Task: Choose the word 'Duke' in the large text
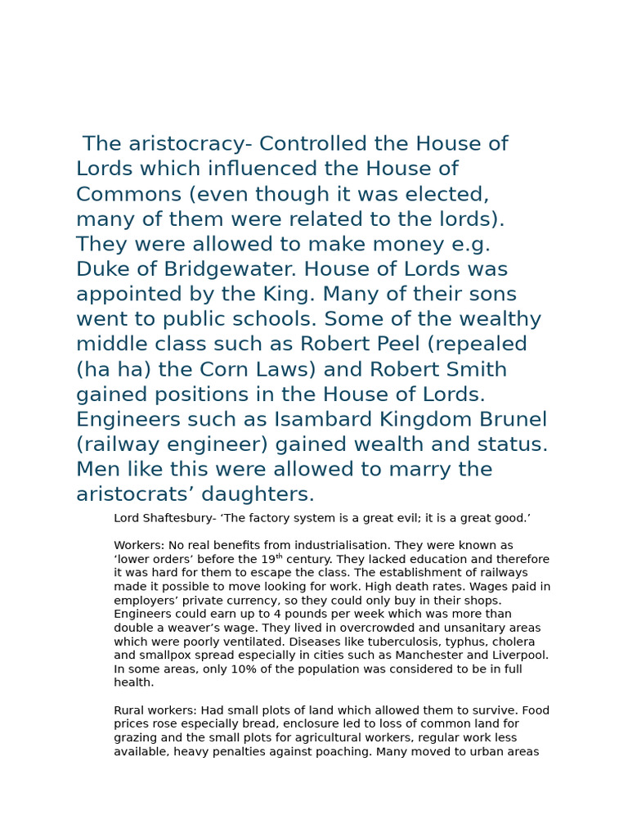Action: [102, 269]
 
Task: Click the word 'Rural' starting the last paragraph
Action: [129, 710]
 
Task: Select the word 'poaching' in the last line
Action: [343, 751]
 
